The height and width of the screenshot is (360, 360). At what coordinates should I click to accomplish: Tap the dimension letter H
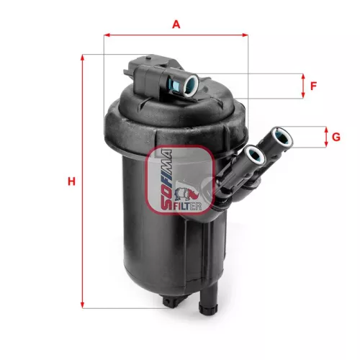71,181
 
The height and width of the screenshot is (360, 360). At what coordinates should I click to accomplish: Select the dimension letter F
313,86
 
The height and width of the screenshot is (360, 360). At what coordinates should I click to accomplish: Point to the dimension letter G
336,137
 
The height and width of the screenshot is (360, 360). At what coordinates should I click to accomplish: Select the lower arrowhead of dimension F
302,96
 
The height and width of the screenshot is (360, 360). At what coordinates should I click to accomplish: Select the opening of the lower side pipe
253,154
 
